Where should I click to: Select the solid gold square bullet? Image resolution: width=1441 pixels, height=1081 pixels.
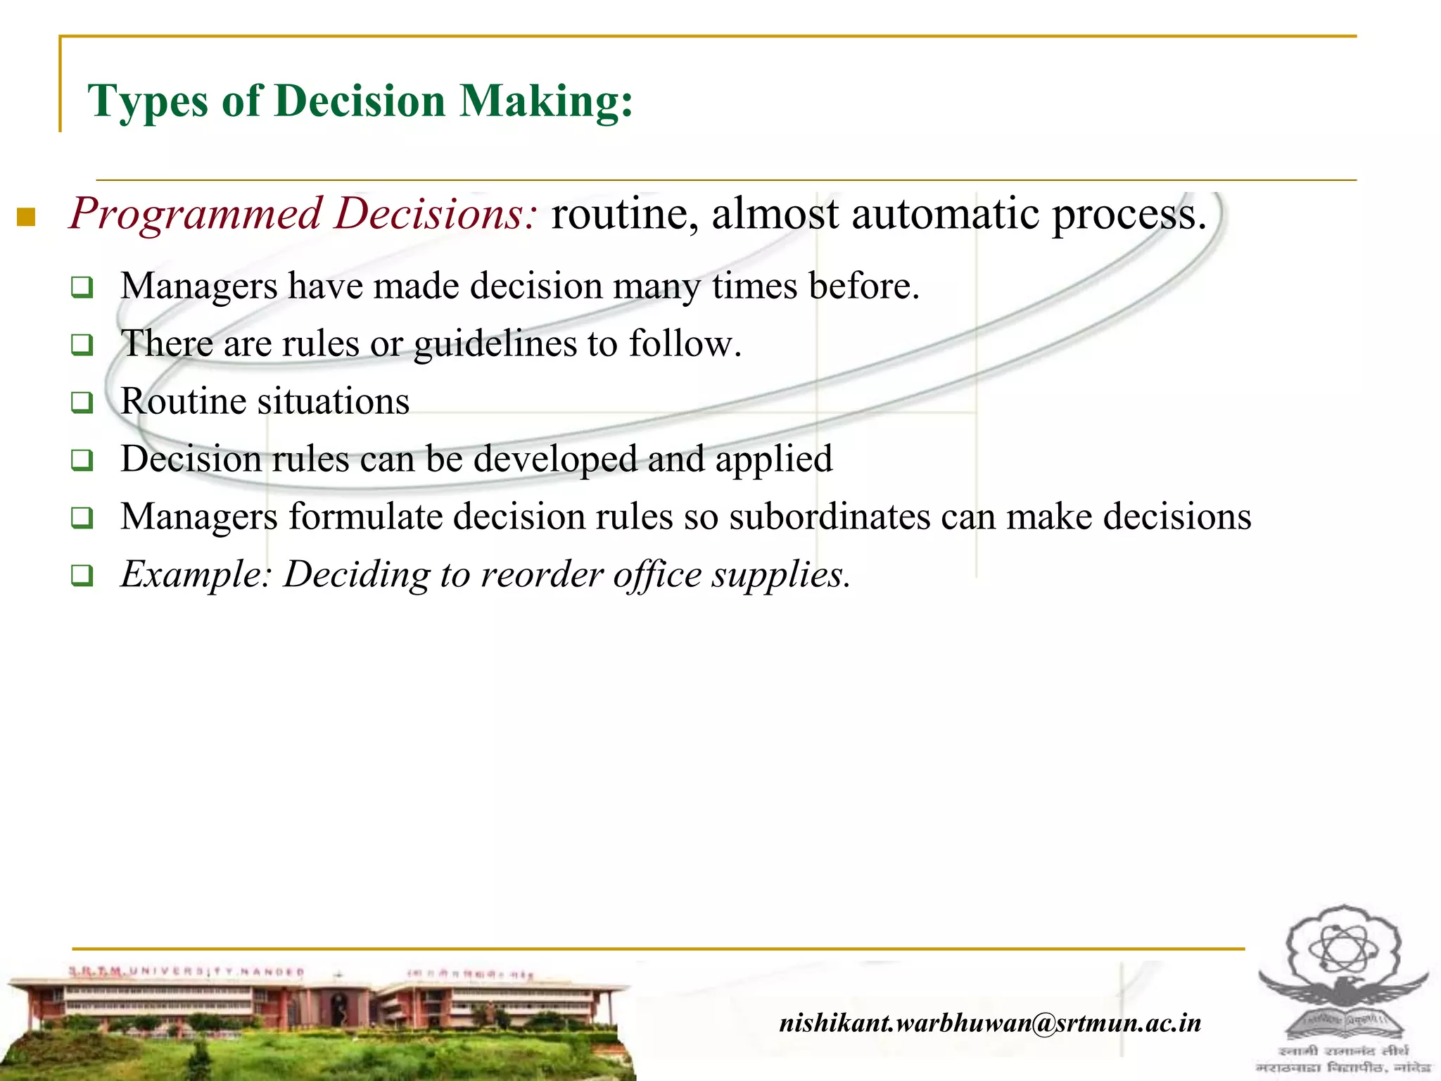pyautogui.click(x=26, y=217)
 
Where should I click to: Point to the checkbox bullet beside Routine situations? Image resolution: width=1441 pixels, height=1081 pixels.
pyautogui.click(x=82, y=403)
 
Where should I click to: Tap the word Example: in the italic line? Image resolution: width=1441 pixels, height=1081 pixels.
pyautogui.click(x=196, y=574)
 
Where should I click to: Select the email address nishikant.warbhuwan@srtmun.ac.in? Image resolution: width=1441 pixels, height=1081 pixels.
pyautogui.click(x=990, y=1022)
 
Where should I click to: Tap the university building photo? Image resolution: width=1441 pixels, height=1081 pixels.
pyautogui.click(x=317, y=1020)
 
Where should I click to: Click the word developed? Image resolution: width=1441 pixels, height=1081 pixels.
pyautogui.click(x=555, y=459)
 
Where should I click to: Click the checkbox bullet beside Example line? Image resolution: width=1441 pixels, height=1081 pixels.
pyautogui.click(x=82, y=576)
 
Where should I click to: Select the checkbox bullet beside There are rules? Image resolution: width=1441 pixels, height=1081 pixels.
pyautogui.click(x=82, y=346)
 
